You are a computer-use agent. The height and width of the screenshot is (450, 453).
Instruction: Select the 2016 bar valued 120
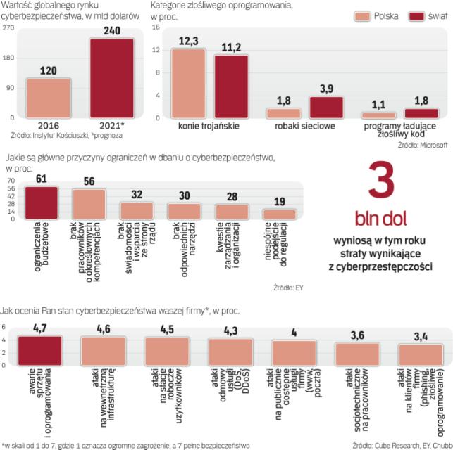coord(47,98)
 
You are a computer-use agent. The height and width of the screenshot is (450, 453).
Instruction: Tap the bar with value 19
coord(279,214)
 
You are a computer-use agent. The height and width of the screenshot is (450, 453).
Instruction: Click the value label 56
coord(89,180)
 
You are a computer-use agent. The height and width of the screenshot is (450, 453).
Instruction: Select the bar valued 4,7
coord(41,349)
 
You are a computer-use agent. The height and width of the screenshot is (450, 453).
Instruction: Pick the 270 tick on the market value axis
coord(9,27)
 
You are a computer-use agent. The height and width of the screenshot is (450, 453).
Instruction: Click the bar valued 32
coord(137,210)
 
